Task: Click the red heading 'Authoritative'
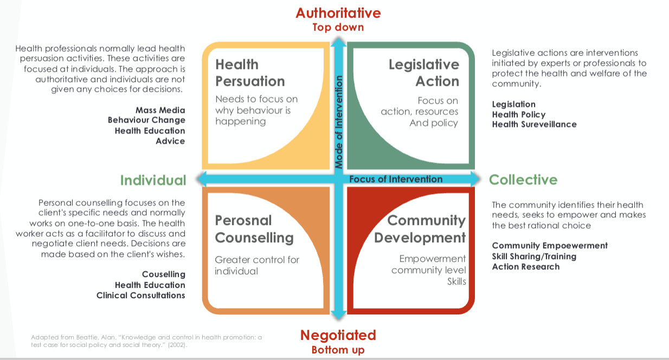point(338,12)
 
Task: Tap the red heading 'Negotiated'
point(338,335)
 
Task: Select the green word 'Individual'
point(153,180)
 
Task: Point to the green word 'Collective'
point(523,179)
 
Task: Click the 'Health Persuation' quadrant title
point(250,73)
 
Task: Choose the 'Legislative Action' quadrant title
point(423,73)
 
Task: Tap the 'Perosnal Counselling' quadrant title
point(254,229)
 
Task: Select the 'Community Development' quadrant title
point(420,229)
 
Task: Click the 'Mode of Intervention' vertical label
point(339,122)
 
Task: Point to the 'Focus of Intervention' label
point(396,179)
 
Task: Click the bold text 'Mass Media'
point(160,110)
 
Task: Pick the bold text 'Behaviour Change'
point(146,120)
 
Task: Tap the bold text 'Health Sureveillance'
point(534,124)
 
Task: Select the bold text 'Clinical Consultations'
point(140,295)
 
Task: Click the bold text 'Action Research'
point(525,266)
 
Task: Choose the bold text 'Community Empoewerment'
point(550,246)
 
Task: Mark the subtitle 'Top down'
point(338,27)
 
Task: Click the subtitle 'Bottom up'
point(338,350)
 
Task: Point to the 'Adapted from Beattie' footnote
point(146,340)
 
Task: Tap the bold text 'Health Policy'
point(518,114)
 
